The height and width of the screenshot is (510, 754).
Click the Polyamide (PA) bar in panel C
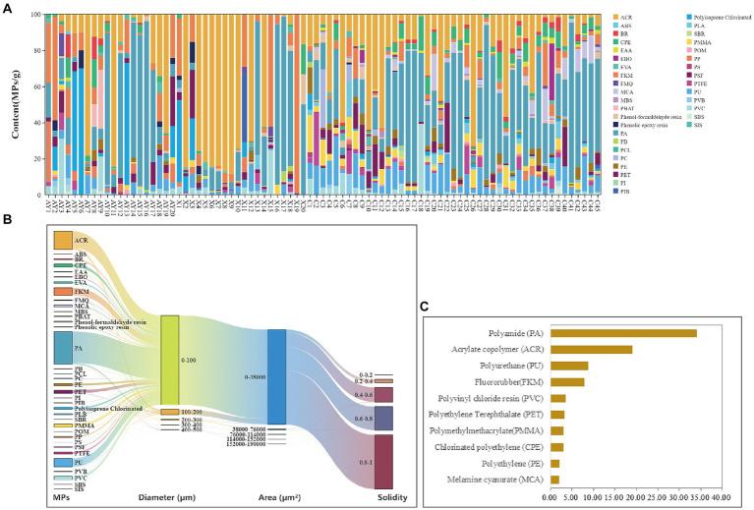623,333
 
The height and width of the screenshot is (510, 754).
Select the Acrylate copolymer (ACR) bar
591,349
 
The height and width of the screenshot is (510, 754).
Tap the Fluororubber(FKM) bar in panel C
567,381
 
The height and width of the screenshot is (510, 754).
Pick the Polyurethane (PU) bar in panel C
569,366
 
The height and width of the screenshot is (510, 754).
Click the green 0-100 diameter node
170,361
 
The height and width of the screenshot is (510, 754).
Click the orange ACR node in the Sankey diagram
63,240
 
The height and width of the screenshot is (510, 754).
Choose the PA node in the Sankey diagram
63,348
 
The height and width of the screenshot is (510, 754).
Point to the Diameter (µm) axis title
170,499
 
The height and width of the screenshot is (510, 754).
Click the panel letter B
7,219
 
